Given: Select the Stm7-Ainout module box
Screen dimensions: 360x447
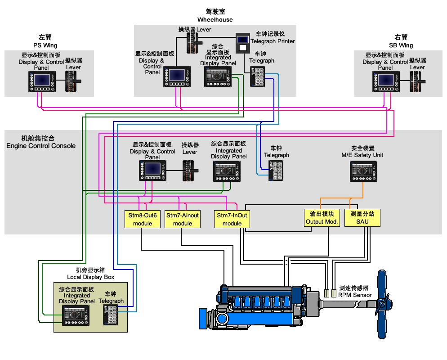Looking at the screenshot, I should pyautogui.click(x=182, y=219).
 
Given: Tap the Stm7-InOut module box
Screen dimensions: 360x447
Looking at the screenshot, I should pyautogui.click(x=232, y=219).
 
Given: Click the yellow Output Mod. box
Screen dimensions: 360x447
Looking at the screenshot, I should pyautogui.click(x=321, y=218).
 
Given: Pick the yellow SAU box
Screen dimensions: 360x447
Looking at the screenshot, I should pyautogui.click(x=362, y=218).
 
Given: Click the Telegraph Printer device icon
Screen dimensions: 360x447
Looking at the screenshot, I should pyautogui.click(x=243, y=43).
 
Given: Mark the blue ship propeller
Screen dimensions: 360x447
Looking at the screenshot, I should pyautogui.click(x=382, y=304).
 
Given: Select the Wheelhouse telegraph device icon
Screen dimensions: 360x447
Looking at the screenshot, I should pyautogui.click(x=258, y=76).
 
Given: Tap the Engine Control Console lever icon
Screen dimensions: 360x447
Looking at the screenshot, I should pyautogui.click(x=189, y=171).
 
